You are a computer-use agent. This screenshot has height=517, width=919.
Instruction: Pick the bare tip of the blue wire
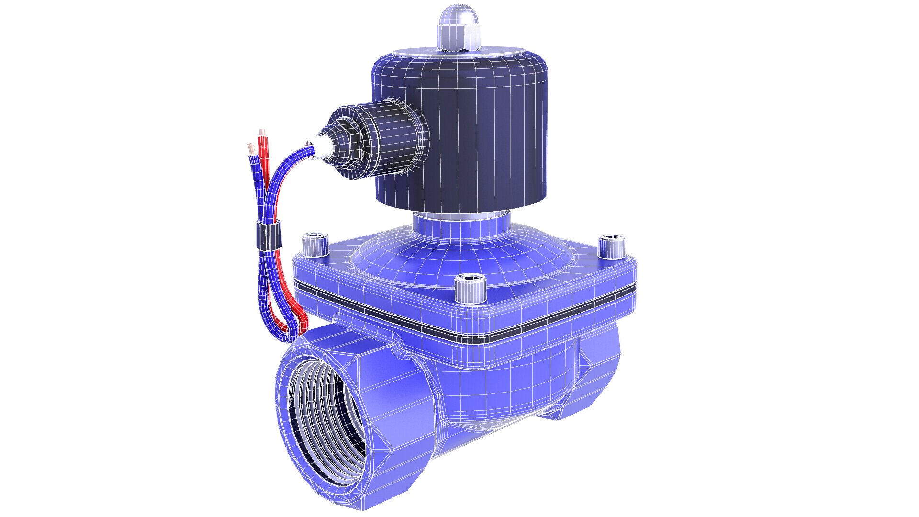pyautogui.click(x=250, y=147)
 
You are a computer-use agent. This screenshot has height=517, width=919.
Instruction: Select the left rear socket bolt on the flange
pyautogui.click(x=314, y=245)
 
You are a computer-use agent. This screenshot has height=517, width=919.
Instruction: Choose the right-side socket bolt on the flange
pyautogui.click(x=612, y=246)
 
